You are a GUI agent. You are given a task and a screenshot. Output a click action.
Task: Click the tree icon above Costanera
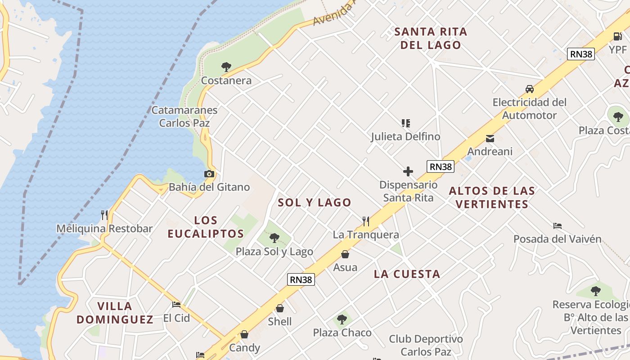coord(226,67)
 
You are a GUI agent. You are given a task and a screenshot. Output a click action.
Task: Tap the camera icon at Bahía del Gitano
coord(209,174)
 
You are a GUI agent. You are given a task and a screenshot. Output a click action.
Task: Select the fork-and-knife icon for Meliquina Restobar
coord(104,215)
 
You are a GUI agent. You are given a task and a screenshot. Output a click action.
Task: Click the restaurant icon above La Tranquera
coord(366,221)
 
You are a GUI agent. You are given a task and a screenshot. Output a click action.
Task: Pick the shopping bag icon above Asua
coord(345,254)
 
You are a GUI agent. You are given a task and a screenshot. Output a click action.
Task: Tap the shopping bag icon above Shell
coord(280,308)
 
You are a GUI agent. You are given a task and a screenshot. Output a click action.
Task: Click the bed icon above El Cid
coord(176,305)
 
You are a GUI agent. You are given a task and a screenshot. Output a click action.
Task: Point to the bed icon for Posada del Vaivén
coord(558,225)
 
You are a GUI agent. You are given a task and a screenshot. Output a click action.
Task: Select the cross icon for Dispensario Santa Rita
coord(408,171)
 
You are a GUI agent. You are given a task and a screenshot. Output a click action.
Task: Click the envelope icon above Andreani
coord(490,139)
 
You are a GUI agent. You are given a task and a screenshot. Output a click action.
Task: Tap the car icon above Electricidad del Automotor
coord(530,89)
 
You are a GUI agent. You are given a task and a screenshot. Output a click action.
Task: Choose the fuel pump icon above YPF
coord(617,36)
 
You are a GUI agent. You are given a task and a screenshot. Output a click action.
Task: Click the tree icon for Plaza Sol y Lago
coord(274,238)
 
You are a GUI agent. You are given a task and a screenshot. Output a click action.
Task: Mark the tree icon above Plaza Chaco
coord(342,319)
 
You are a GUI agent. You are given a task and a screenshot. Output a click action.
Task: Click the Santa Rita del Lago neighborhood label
coord(431,38)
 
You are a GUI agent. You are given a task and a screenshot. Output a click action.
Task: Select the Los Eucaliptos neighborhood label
coord(206,227)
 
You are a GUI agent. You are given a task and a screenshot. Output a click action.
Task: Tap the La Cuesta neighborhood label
coord(407,274)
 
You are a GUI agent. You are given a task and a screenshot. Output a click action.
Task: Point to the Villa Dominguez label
coord(115,313)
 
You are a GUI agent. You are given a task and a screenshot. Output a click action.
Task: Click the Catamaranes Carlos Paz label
coord(184,116)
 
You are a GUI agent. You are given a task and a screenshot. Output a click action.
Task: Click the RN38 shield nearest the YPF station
coord(581,54)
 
